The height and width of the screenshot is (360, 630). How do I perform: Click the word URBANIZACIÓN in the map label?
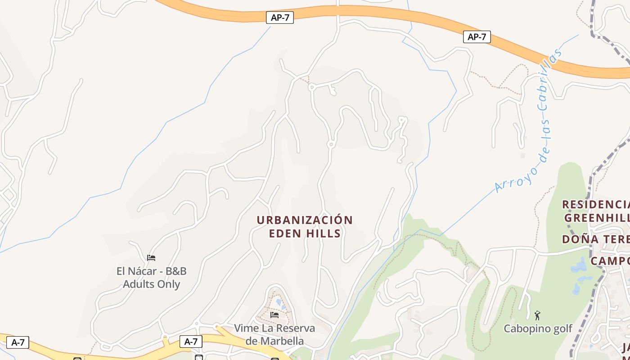point(305,220)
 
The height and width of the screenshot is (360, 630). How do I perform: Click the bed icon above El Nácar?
point(151,258)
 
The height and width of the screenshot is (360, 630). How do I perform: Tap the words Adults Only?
point(152,284)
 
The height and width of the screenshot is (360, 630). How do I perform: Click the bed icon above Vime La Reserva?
point(274,315)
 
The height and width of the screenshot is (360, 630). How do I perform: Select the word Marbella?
point(274,341)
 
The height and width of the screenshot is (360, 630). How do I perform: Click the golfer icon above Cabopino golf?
point(537,315)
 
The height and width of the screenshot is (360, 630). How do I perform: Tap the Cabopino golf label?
point(538,328)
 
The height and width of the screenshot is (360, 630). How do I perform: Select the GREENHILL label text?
point(597,218)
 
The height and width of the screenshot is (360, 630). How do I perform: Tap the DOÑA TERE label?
point(596,239)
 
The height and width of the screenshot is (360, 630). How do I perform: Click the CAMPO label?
point(610,261)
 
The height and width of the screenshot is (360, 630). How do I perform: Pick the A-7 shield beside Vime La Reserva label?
point(191,342)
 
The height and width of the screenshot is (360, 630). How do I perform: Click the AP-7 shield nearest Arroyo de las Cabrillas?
point(477,37)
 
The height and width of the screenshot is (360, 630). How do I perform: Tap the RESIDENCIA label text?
point(596,204)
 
